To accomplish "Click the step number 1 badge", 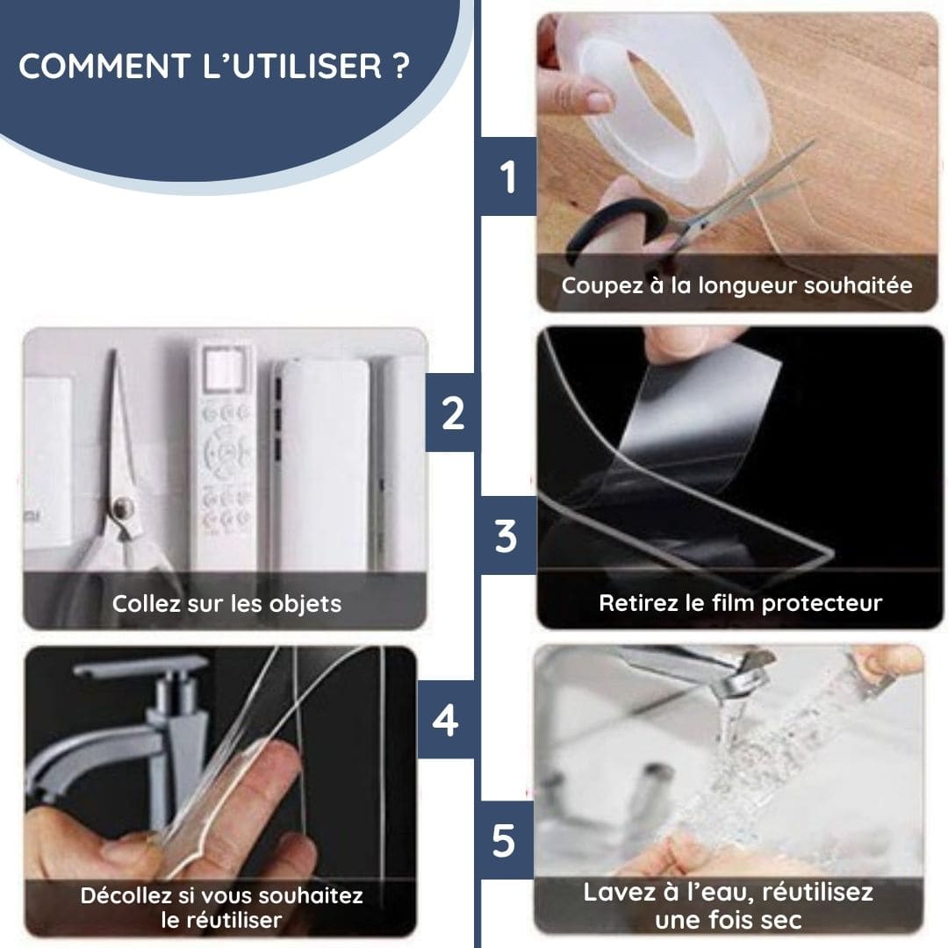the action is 508,176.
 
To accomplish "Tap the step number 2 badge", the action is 452,413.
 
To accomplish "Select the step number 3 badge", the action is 506,535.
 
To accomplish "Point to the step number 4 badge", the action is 446,720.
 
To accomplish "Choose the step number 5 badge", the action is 504,840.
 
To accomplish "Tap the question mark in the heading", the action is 401,66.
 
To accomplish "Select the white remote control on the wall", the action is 224,454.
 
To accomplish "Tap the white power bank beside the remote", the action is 321,464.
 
